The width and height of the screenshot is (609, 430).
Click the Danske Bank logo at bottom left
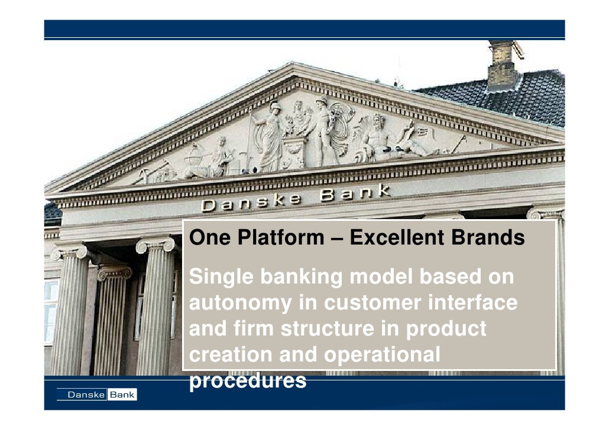coord(97,395)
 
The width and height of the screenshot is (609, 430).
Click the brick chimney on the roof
coord(503,65)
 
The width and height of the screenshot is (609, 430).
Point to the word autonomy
coord(240,304)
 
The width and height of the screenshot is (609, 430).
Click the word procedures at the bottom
coord(248,382)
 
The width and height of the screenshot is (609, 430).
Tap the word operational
coord(382,355)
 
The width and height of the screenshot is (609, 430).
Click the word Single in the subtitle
coord(219,277)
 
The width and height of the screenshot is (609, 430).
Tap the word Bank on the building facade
coord(355,193)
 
